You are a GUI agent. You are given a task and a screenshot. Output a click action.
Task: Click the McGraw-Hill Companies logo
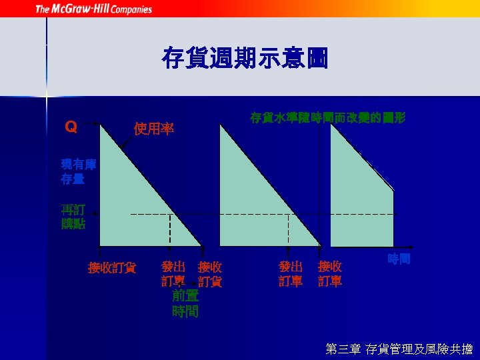pos(93,9)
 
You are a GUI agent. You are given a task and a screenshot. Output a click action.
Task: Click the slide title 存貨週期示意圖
pos(245,59)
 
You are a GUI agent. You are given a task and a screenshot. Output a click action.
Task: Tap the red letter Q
pos(70,125)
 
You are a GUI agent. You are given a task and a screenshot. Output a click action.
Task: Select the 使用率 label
pos(154,128)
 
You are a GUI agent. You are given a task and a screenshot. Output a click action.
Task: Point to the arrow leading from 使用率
pos(126,141)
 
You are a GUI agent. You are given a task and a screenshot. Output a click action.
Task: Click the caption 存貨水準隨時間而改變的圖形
pos(327,117)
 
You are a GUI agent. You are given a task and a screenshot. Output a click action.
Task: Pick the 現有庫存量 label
pos(73,171)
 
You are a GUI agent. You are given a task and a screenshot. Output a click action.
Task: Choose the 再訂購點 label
pos(73,216)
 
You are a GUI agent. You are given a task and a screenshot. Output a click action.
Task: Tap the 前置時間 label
pos(185,303)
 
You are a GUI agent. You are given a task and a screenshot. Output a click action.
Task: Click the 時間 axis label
pos(399,259)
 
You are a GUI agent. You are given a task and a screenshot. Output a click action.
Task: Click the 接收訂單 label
pos(330,273)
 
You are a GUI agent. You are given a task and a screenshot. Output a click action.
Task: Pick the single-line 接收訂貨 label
pos(112,268)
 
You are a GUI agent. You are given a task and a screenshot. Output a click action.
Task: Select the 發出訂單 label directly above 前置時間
pos(173,273)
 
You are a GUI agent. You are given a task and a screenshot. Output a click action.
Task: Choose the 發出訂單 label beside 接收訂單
pos(291,273)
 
